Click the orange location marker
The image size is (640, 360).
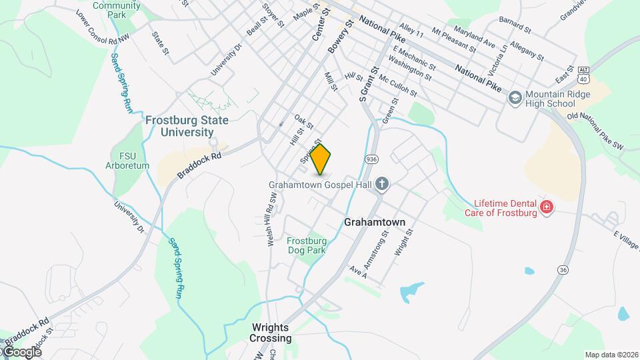pyautogui.click(x=321, y=159)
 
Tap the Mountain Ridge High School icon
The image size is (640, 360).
pyautogui.click(x=515, y=98)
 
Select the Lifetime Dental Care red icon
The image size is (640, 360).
pyautogui.click(x=547, y=207)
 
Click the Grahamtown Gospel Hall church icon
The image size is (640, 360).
pyautogui.click(x=382, y=183)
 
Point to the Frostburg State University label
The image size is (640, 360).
pyautogui.click(x=187, y=125)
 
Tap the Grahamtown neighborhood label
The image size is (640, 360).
pyautogui.click(x=375, y=222)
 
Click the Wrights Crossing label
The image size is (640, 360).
pyautogui.click(x=271, y=333)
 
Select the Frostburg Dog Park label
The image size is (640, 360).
pyautogui.click(x=307, y=245)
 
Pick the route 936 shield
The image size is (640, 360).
pyautogui.click(x=371, y=159)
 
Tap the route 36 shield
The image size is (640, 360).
pyautogui.click(x=563, y=269)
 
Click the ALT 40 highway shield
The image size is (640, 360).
pyautogui.click(x=584, y=74)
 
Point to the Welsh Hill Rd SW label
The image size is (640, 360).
pyautogui.click(x=272, y=221)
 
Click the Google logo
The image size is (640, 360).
pyautogui.click(x=21, y=351)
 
